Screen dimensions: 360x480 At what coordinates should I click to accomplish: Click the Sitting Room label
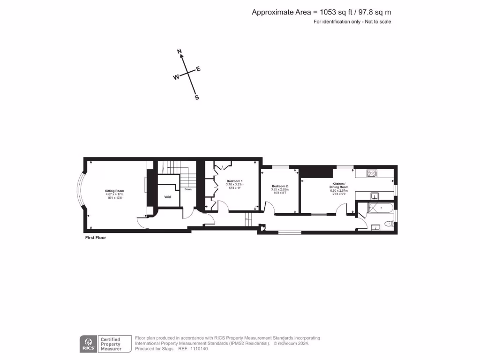click(x=114, y=191)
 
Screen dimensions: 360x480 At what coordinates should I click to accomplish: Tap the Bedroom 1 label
click(x=235, y=181)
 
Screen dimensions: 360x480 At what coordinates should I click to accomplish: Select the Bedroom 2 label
click(x=280, y=186)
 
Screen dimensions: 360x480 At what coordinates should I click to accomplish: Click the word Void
click(x=167, y=197)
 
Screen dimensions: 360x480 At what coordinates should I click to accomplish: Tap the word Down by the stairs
click(x=188, y=189)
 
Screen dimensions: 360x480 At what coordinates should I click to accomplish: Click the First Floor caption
click(x=95, y=238)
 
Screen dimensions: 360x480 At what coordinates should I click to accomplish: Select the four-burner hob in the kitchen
click(x=372, y=173)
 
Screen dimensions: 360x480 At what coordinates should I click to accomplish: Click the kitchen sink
click(x=375, y=195)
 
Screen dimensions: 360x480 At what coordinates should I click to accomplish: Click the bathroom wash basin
click(x=375, y=228)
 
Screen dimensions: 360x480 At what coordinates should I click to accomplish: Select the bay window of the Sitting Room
click(x=80, y=190)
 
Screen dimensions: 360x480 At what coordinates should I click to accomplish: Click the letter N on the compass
click(x=179, y=51)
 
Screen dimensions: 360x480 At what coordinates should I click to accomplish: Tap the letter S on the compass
click(x=196, y=97)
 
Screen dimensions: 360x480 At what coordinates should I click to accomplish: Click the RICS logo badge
click(x=88, y=344)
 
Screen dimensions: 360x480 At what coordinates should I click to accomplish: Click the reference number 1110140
click(x=198, y=349)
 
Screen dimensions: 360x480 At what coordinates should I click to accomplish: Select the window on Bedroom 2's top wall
click(x=280, y=166)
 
